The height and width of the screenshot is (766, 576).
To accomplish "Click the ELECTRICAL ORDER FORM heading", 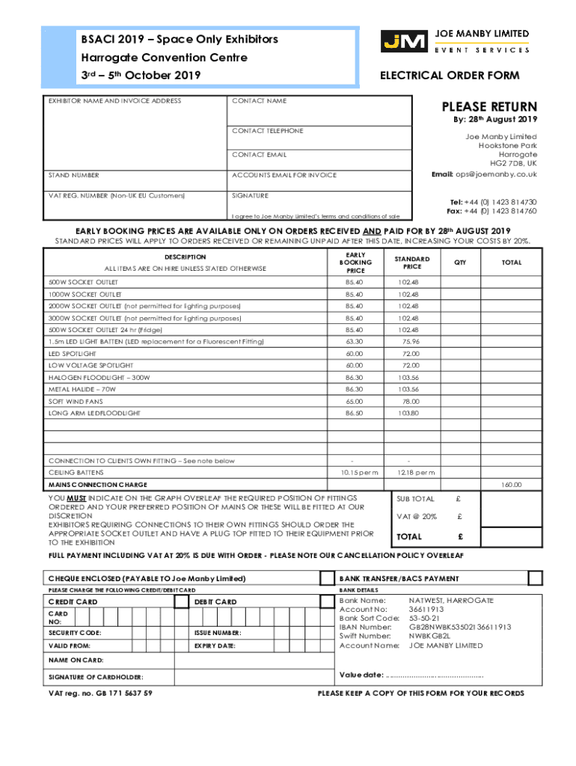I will (450, 76).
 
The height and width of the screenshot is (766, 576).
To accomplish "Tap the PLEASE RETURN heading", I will (488, 107).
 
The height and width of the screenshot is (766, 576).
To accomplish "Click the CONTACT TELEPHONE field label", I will (268, 131).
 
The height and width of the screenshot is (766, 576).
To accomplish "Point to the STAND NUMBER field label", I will (74, 175).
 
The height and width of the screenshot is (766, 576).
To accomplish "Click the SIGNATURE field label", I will (250, 195).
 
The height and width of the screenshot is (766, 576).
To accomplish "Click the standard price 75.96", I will (410, 341).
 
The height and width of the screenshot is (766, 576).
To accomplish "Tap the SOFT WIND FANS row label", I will (76, 401).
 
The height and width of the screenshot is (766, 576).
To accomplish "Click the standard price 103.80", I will (409, 413).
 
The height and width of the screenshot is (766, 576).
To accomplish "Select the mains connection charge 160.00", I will (512, 485).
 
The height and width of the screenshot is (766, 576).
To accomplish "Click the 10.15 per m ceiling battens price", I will (355, 473).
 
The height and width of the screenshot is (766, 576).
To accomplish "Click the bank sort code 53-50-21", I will (424, 619).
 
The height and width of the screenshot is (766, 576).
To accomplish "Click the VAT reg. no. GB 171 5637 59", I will (100, 693).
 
